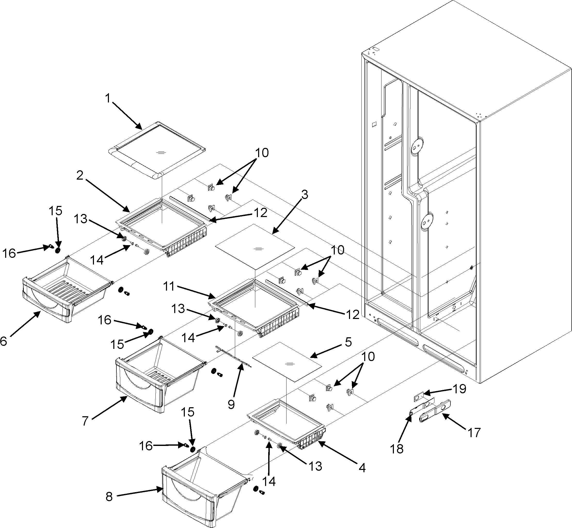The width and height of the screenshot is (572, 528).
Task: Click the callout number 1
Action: coord(107,99)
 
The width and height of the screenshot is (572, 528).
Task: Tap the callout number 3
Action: coord(305,195)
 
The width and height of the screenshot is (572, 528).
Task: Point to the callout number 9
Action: coord(231,404)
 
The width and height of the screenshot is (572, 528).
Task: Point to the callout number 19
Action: coord(459,389)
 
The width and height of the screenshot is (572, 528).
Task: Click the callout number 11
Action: coord(169,286)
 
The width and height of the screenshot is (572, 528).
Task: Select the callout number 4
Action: coord(362,468)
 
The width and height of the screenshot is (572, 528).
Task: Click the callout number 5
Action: coord(348,342)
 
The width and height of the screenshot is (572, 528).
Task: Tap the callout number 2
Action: coord(80,175)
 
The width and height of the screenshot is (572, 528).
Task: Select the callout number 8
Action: coord(109,497)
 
